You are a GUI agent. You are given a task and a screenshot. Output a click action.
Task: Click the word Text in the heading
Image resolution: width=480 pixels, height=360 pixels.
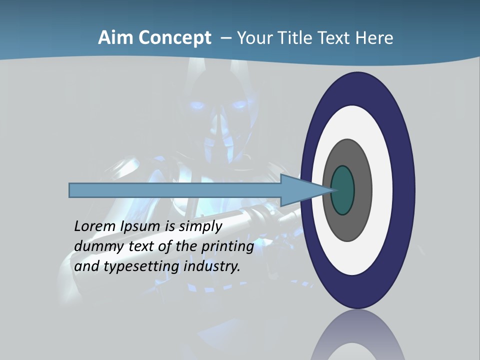(x=336, y=38)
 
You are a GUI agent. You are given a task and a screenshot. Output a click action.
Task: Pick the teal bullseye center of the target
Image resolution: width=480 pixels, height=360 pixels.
(x=342, y=190)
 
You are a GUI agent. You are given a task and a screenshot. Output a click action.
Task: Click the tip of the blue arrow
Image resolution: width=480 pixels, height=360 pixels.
(x=332, y=190)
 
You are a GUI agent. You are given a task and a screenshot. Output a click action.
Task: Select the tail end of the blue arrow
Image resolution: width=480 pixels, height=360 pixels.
(x=70, y=190)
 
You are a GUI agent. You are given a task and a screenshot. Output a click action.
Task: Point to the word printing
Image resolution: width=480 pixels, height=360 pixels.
(x=227, y=246)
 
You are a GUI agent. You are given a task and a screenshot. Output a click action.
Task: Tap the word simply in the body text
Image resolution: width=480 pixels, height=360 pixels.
(x=200, y=226)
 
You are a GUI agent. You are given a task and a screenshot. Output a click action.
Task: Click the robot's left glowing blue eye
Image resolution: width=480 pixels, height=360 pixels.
(x=197, y=106)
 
